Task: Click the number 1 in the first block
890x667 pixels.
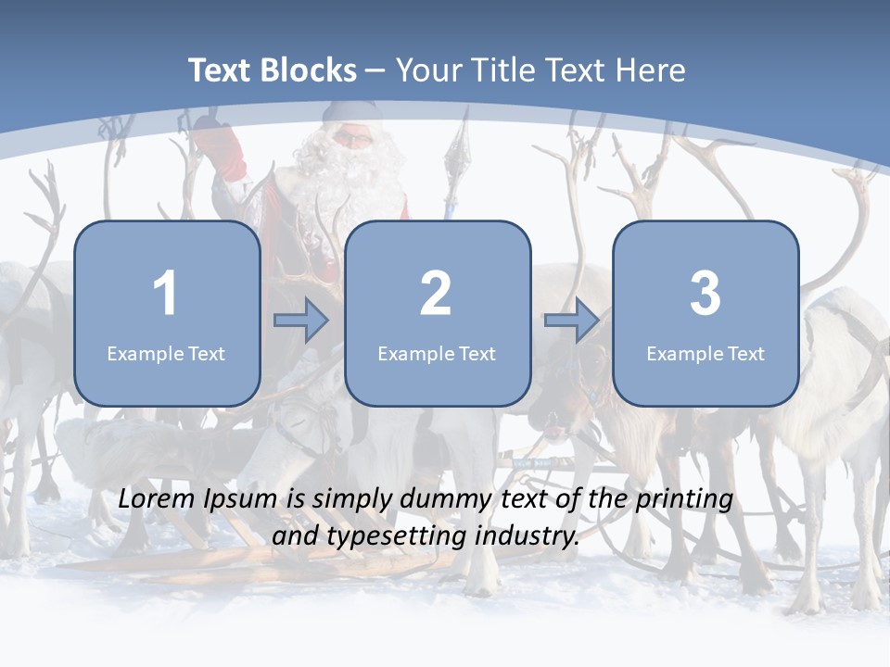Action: [x=165, y=294]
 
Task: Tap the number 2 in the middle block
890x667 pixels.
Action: [x=436, y=294]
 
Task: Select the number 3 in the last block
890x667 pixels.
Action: [x=705, y=294]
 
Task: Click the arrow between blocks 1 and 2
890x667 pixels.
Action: [x=301, y=321]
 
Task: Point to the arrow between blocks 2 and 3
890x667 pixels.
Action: [x=572, y=321]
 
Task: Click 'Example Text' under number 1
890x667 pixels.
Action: [x=166, y=354]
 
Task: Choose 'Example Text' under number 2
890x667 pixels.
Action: [x=437, y=354]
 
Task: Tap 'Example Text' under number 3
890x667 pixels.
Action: [x=706, y=354]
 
